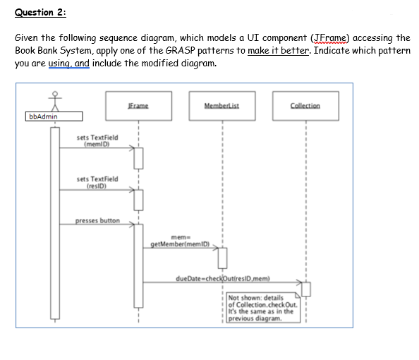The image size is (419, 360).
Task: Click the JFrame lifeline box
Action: [x=138, y=106]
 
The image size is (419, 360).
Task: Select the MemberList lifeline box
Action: [x=222, y=106]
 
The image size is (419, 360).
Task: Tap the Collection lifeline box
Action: [x=305, y=106]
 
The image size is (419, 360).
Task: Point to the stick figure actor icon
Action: [x=55, y=102]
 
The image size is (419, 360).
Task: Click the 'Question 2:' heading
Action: [x=40, y=12]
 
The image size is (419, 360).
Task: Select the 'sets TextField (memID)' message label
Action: [x=97, y=140]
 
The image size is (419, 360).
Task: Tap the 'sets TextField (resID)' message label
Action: [x=97, y=182]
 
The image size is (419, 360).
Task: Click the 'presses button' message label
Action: [x=97, y=221]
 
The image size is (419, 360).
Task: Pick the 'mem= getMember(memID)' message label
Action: [x=181, y=241]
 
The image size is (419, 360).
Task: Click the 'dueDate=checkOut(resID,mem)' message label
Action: [x=223, y=278]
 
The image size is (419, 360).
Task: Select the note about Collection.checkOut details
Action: [x=263, y=308]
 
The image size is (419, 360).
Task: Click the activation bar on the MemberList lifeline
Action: [x=223, y=258]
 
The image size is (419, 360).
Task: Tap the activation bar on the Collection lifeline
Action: [x=306, y=289]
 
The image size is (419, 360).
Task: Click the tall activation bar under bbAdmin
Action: [x=55, y=223]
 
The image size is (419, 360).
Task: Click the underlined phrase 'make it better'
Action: [x=278, y=51]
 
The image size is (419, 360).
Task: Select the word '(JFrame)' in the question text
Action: [x=329, y=38]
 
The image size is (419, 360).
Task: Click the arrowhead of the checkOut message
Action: [x=300, y=282]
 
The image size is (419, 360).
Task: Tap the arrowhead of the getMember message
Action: [x=216, y=248]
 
